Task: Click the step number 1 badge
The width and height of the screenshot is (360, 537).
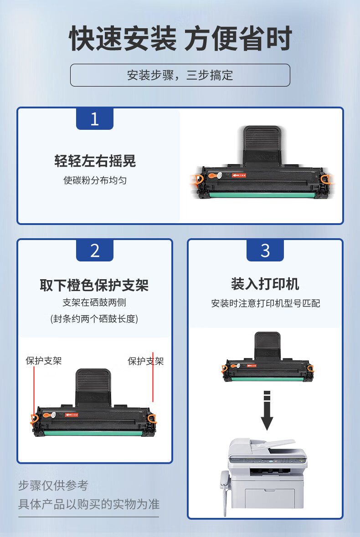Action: click(x=94, y=118)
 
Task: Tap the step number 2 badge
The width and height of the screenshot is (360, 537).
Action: click(x=94, y=251)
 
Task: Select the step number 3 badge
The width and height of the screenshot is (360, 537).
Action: click(x=265, y=251)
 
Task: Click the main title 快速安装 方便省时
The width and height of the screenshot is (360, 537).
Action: click(x=180, y=38)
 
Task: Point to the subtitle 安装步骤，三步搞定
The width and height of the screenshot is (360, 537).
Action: click(x=180, y=75)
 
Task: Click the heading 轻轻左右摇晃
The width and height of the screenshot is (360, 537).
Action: click(x=95, y=161)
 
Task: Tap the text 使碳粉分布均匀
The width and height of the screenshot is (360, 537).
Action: click(x=95, y=180)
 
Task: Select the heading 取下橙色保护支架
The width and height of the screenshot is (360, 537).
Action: click(x=94, y=285)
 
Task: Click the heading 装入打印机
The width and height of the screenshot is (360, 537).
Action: click(x=265, y=284)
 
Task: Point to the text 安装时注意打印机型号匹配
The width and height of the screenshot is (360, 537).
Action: click(x=266, y=303)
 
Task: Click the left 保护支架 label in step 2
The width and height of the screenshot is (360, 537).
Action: click(x=43, y=361)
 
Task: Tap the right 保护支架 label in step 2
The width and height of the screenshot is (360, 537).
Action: click(x=145, y=361)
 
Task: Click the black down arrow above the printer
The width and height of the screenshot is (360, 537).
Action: click(x=267, y=410)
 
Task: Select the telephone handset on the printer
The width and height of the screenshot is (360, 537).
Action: click(x=224, y=493)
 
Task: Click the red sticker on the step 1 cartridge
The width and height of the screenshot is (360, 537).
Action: click(x=239, y=175)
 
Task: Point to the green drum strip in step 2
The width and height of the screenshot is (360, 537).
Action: click(x=93, y=433)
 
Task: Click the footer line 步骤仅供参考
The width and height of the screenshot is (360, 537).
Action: click(x=53, y=485)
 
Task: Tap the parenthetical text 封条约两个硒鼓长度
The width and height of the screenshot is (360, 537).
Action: click(x=94, y=319)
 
